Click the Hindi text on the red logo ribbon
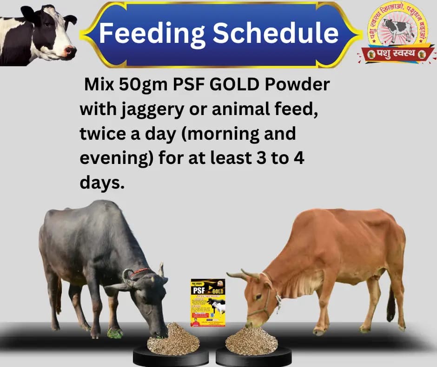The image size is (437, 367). click(396, 54)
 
